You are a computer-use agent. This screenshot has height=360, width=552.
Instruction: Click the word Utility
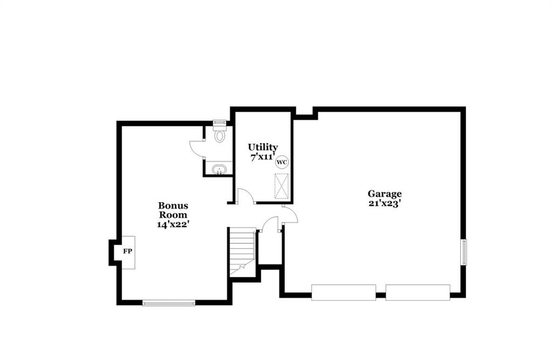(263, 147)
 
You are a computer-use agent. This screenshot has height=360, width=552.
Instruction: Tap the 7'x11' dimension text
(263, 157)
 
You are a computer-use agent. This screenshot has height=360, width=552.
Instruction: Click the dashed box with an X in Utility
(281, 186)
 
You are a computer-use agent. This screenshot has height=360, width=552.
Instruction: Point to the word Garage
(384, 194)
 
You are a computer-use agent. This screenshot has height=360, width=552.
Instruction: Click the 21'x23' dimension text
(385, 203)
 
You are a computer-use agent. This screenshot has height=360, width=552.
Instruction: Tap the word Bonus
(173, 205)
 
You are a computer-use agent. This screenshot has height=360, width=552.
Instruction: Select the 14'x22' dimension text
(174, 224)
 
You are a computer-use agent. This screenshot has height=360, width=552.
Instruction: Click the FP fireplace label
(127, 251)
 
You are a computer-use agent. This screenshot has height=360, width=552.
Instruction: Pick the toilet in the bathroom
(220, 134)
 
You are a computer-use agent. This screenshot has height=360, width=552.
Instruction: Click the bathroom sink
(219, 170)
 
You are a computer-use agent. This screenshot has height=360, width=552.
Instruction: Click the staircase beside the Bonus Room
(242, 252)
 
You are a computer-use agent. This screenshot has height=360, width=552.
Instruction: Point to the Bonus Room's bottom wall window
(169, 303)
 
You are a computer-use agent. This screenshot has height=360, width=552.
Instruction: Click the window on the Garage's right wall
(464, 252)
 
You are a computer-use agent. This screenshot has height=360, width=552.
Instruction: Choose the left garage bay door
(343, 293)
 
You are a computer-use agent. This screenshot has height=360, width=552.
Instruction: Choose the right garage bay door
(418, 293)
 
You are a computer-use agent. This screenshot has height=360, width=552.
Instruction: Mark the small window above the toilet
(220, 122)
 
